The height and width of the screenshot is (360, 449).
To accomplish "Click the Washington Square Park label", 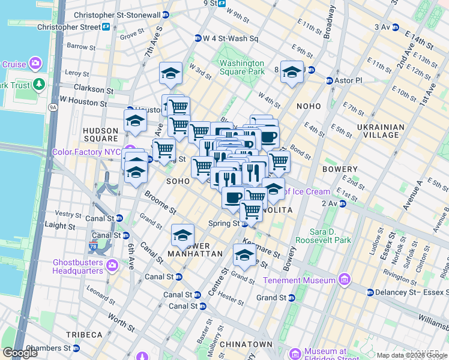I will coord(242,67).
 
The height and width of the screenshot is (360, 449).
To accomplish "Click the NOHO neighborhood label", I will coord(309,106).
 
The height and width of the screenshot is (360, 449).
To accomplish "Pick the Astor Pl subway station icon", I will coord(330,80).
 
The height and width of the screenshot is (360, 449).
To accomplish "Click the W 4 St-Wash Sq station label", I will coord(230,39).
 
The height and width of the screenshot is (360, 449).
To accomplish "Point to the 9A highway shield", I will coord(53,107).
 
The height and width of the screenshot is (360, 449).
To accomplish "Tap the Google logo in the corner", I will coord(20,353).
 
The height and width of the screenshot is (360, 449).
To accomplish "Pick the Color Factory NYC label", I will coord(86,152).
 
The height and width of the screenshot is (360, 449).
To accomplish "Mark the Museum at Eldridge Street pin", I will coord(295,353).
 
